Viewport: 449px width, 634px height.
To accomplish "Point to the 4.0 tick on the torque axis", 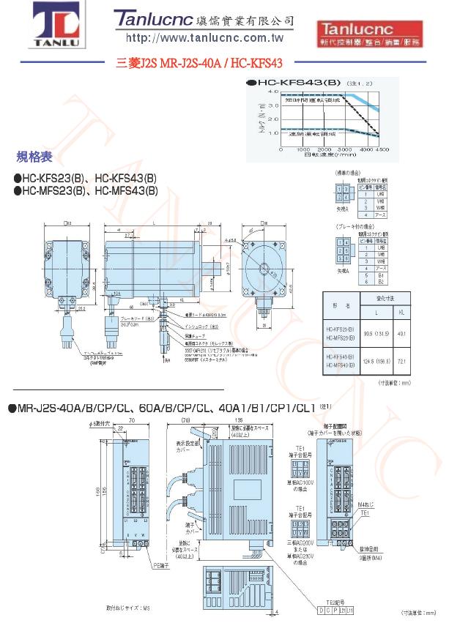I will [272, 92].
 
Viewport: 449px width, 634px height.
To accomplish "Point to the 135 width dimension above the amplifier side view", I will [218, 420].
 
